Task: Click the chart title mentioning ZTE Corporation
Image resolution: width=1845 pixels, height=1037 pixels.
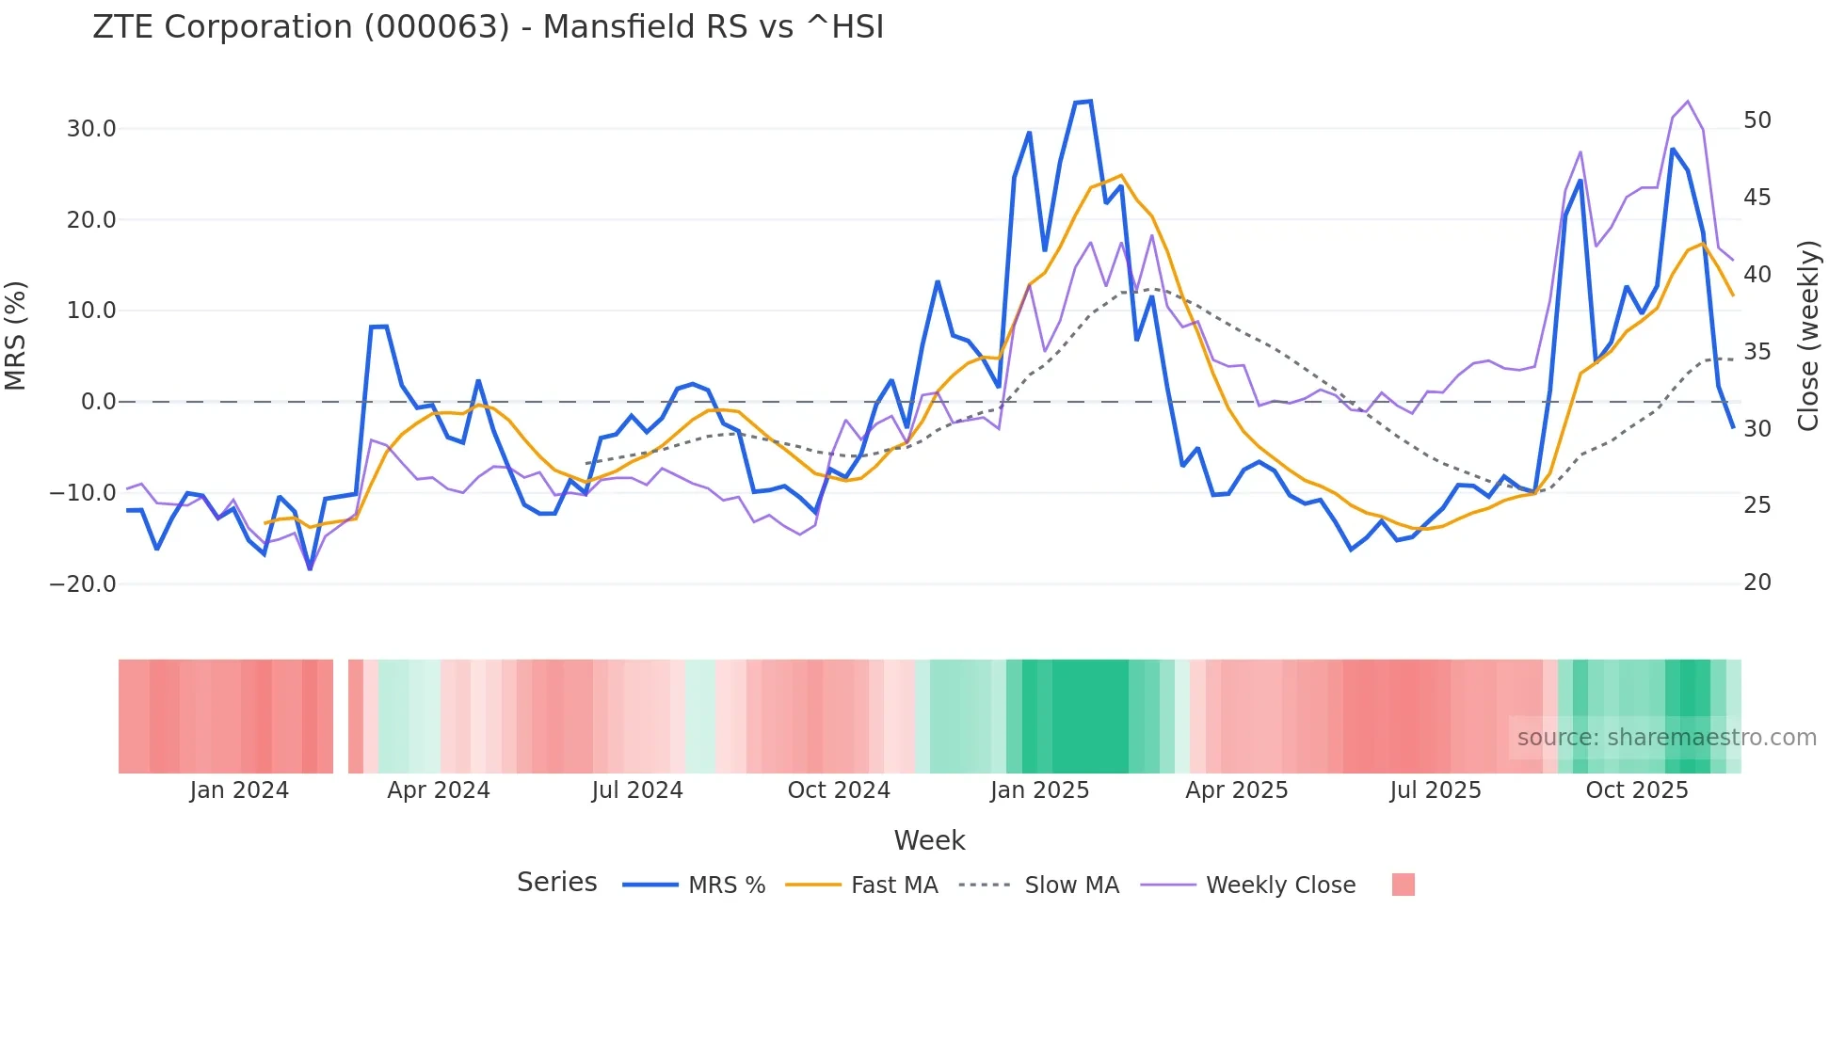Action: point(488,27)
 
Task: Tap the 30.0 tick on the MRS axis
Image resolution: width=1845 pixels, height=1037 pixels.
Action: point(91,129)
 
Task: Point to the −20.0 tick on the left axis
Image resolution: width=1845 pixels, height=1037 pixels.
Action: point(83,584)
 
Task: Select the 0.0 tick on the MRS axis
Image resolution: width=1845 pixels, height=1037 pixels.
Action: point(99,402)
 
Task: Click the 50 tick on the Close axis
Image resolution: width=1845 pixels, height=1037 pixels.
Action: point(1757,120)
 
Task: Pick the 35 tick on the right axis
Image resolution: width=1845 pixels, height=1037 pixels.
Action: point(1757,352)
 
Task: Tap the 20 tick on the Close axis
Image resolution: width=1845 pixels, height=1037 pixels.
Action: point(1757,582)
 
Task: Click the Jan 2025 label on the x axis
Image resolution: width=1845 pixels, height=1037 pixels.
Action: point(1039,790)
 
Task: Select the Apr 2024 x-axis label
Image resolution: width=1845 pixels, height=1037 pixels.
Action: point(439,790)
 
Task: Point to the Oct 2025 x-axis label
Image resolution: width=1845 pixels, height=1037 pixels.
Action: point(1637,790)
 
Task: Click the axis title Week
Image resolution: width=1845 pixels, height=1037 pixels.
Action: point(929,840)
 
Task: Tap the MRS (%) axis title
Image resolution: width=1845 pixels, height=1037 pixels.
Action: point(16,336)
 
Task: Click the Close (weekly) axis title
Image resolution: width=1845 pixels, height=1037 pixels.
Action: point(1808,336)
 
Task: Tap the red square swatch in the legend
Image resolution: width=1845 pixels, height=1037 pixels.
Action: point(1403,885)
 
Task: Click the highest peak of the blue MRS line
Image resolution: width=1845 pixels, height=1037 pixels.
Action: point(1090,101)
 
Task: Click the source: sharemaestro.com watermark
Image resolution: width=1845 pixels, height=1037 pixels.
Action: point(1666,738)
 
